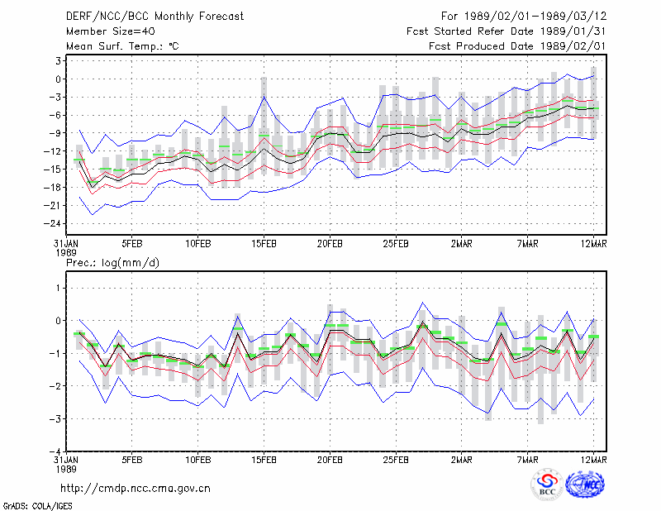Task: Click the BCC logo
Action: [547, 485]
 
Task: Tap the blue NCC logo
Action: [585, 485]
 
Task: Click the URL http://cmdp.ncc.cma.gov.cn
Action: [136, 489]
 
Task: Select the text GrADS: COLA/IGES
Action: [37, 506]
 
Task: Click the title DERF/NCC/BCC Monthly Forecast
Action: [155, 17]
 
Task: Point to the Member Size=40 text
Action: [111, 31]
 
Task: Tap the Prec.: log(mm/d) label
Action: [112, 263]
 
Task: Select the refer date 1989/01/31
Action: [573, 31]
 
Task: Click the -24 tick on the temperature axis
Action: [52, 223]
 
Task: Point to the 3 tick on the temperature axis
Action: [58, 60]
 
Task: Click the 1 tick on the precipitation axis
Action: [59, 288]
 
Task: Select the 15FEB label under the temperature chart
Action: [264, 244]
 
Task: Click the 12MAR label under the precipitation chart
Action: [593, 460]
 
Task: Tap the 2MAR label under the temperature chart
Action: [462, 244]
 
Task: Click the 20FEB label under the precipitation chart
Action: [330, 460]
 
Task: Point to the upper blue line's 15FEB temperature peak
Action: [264, 97]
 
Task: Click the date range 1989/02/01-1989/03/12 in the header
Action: [535, 17]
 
